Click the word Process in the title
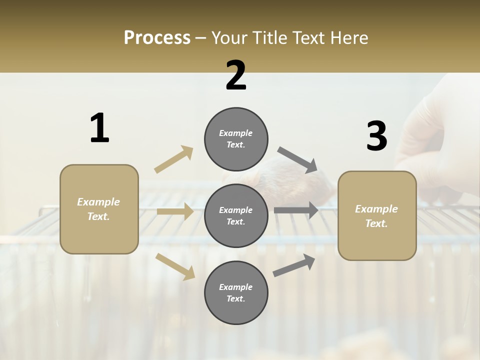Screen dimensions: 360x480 [157, 37]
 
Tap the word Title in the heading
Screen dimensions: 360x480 [270, 37]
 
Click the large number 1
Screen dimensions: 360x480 [99, 128]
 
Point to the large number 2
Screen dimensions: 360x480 [236, 75]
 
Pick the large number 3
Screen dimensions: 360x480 [376, 136]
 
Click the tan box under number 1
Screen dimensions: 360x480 [99, 209]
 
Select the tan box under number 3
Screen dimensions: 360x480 [377, 215]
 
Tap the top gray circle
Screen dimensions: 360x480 [236, 139]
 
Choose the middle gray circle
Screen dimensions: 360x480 [236, 215]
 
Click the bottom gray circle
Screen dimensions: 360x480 [236, 292]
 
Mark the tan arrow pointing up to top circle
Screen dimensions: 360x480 [174, 159]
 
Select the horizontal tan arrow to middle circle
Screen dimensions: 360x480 [175, 211]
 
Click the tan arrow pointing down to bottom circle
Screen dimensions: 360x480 [175, 266]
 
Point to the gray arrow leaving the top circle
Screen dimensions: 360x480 [297, 159]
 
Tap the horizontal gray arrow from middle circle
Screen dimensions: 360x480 [296, 210]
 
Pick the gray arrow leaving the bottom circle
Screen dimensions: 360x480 [294, 265]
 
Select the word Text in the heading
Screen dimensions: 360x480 [309, 37]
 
